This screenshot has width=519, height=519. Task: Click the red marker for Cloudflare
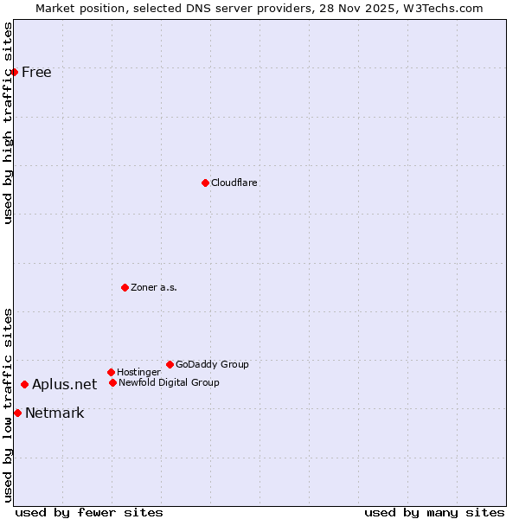(x=205, y=183)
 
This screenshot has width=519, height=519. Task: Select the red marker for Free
(x=15, y=72)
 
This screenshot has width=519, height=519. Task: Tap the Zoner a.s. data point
(x=125, y=287)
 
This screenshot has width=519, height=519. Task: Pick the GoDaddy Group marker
(x=170, y=364)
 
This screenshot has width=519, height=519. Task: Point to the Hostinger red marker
(x=111, y=372)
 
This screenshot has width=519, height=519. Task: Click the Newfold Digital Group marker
(x=112, y=382)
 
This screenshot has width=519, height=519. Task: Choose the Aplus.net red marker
(x=25, y=384)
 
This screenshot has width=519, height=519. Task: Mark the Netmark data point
(x=17, y=413)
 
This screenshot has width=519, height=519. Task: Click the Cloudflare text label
(x=234, y=183)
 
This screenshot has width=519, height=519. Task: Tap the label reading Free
(x=36, y=72)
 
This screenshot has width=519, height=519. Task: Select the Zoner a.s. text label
(x=154, y=287)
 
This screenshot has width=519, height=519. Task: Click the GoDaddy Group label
(x=212, y=364)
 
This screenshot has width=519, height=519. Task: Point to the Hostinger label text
(x=138, y=372)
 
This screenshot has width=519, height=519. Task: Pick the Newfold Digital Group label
(x=169, y=382)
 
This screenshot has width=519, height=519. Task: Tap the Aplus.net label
(x=65, y=384)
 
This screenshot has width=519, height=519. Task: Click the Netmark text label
(x=54, y=413)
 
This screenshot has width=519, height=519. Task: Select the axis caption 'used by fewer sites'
(x=89, y=512)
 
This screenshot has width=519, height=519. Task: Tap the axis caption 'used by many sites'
(x=434, y=512)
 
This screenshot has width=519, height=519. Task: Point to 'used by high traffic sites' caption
(x=8, y=123)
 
